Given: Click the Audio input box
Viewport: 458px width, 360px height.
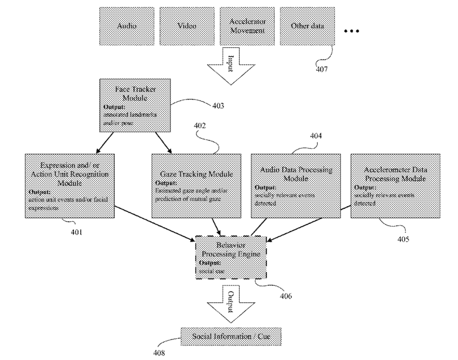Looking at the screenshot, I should (x=127, y=26).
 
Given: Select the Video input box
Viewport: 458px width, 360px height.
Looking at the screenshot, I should (x=187, y=26).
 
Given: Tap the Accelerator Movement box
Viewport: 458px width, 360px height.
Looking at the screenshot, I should (x=247, y=26).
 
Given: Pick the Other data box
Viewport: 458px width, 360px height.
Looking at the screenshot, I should (x=307, y=26).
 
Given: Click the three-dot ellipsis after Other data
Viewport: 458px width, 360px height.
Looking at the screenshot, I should (x=352, y=32).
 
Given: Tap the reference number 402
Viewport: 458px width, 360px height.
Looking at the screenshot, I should (x=200, y=126).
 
